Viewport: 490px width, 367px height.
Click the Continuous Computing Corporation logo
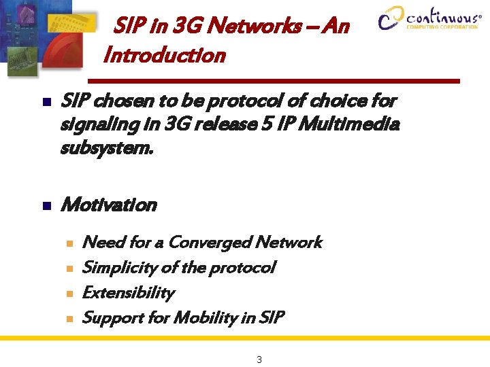(429, 18)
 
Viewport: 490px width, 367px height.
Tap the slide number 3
(259, 360)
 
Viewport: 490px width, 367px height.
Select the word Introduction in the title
(164, 55)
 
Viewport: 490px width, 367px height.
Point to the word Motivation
(109, 205)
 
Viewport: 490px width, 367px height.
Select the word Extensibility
(128, 293)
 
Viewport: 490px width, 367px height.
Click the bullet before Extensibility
(68, 294)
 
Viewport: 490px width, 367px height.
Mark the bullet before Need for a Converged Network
(68, 243)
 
